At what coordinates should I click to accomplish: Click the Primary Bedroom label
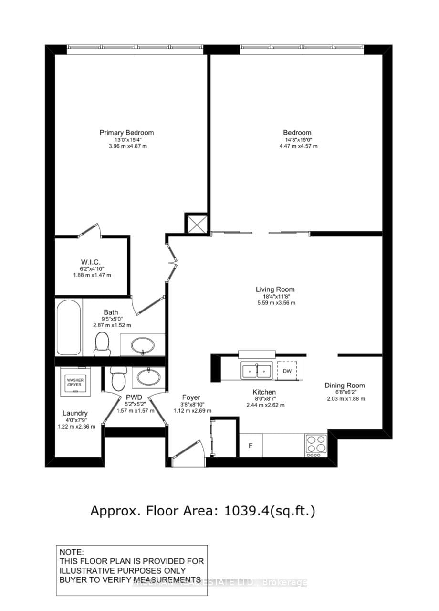click(x=126, y=132)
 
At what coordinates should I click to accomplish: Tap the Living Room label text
click(x=275, y=289)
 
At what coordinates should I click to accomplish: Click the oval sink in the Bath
click(x=142, y=345)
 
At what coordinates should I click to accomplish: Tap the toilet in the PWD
click(x=116, y=378)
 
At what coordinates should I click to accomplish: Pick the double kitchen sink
click(x=257, y=370)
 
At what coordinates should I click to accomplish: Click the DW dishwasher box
click(x=287, y=371)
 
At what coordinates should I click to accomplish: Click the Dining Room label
click(x=345, y=386)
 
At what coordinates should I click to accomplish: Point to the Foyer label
click(x=191, y=397)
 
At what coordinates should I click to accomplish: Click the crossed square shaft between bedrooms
click(x=196, y=223)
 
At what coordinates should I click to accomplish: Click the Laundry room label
click(x=75, y=413)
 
